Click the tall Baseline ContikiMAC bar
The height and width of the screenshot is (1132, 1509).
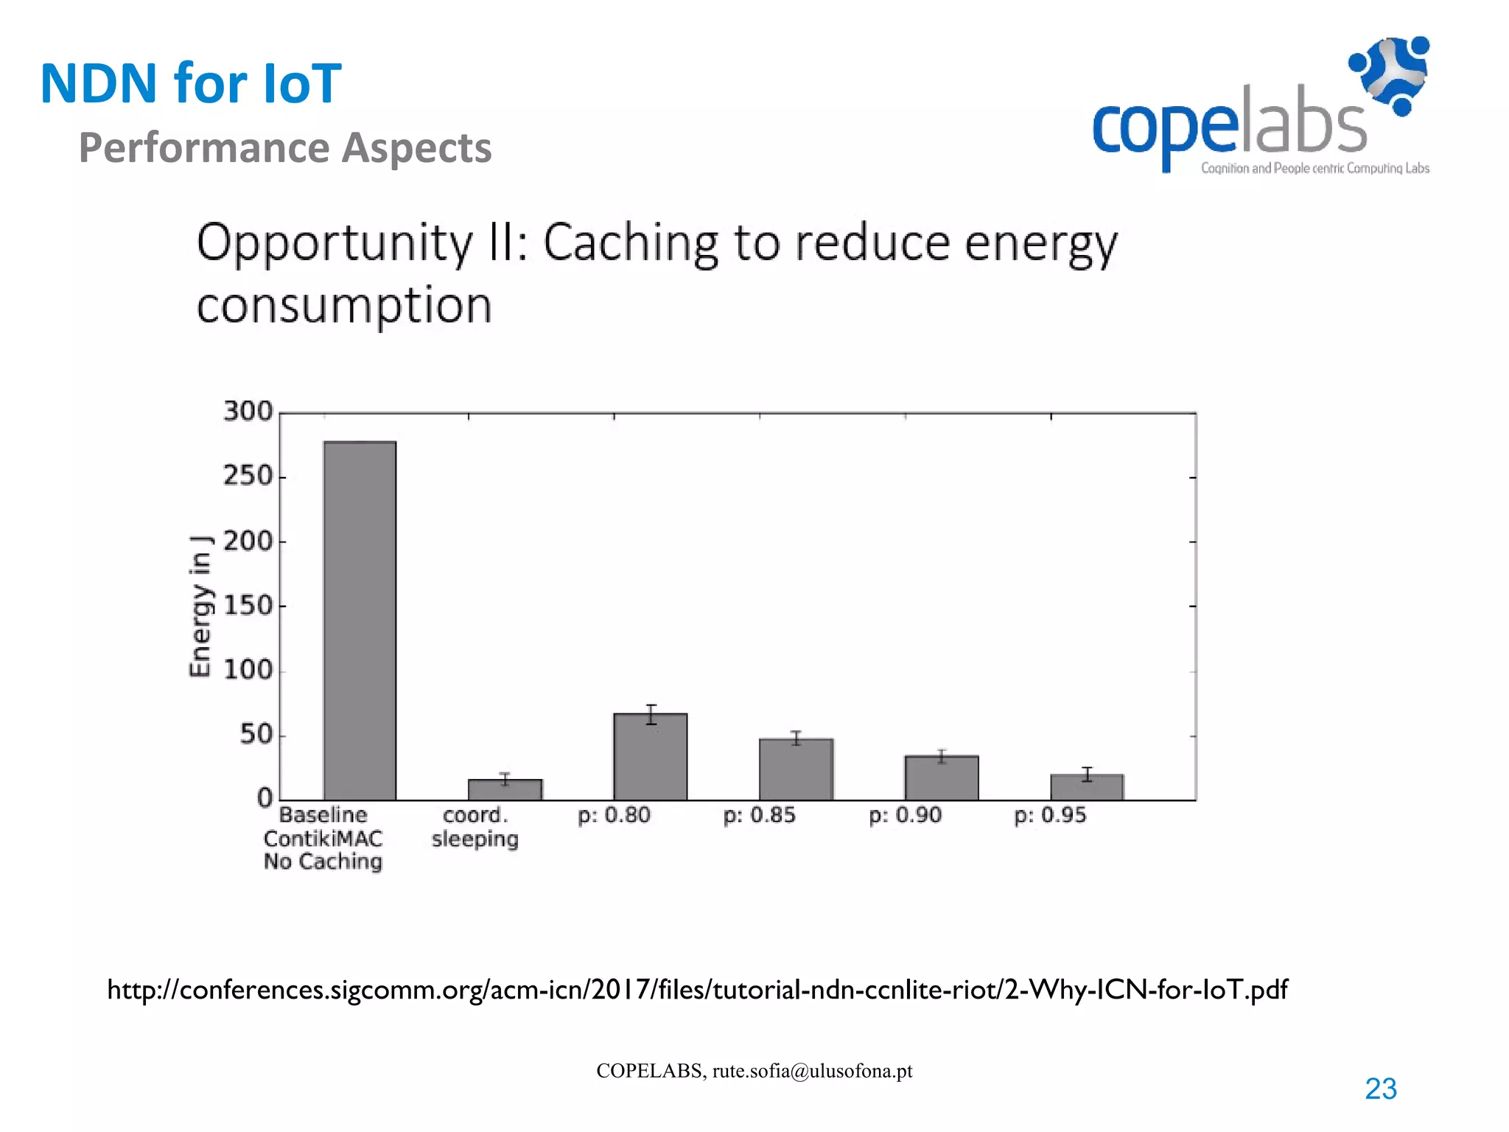click(360, 621)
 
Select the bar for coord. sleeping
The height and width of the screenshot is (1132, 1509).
click(505, 789)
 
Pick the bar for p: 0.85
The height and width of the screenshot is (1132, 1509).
click(796, 769)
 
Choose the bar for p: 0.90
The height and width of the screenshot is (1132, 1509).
click(942, 778)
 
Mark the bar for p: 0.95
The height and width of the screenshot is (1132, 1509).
click(1087, 787)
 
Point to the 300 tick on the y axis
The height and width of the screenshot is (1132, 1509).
click(248, 411)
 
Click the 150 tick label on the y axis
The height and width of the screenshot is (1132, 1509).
click(248, 606)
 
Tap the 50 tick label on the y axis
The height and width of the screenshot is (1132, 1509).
click(256, 735)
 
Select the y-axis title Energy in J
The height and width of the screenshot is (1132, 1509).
click(200, 606)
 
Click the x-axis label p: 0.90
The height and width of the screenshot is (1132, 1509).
click(905, 815)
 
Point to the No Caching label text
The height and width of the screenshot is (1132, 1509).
click(323, 862)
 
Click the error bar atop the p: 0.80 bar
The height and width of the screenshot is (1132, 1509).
click(651, 714)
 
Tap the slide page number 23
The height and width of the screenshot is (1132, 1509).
click(1380, 1089)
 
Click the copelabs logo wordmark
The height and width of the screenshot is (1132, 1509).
click(1229, 127)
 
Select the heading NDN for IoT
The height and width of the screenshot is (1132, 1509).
click(191, 83)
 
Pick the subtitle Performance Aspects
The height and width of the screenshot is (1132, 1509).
click(285, 147)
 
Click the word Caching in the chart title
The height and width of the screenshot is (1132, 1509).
click(631, 243)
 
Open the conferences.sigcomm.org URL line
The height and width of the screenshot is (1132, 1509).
click(697, 989)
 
